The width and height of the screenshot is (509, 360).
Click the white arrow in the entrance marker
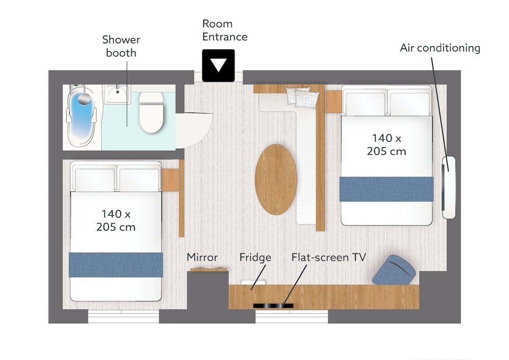(218, 65)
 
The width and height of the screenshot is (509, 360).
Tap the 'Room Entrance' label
(224, 30)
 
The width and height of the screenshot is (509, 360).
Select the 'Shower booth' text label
(121, 46)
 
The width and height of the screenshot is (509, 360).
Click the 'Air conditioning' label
(440, 48)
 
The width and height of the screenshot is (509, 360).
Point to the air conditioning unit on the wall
(449, 187)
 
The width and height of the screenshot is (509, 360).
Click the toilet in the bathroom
(151, 113)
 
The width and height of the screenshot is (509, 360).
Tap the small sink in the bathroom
(117, 94)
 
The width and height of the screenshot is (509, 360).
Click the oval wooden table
(276, 179)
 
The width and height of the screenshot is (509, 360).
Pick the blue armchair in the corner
(394, 270)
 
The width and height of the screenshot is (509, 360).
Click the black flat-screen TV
(273, 306)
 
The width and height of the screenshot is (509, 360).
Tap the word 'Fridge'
(255, 258)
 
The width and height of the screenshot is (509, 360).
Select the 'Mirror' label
(202, 258)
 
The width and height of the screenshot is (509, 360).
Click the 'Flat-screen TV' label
(328, 258)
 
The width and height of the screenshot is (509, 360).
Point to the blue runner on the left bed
(116, 265)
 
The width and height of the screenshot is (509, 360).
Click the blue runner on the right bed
(386, 189)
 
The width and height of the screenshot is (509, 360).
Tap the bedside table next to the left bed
(170, 180)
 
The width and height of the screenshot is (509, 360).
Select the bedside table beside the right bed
(333, 102)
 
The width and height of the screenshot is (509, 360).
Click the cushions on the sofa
(302, 96)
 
